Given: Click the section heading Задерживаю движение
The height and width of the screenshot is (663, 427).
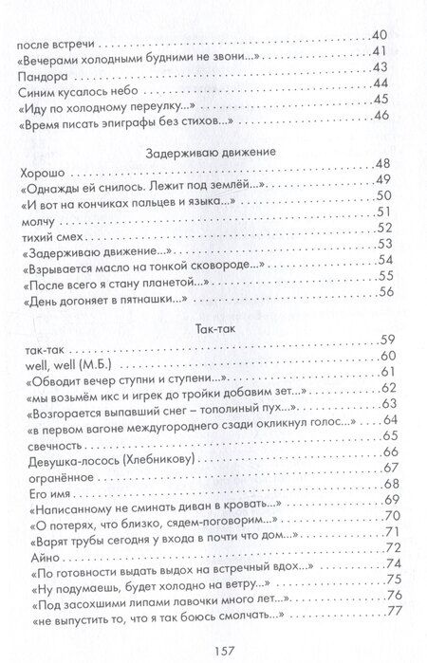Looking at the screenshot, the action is (213, 152).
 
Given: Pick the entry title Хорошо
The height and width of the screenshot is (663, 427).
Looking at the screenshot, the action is (41, 171).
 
